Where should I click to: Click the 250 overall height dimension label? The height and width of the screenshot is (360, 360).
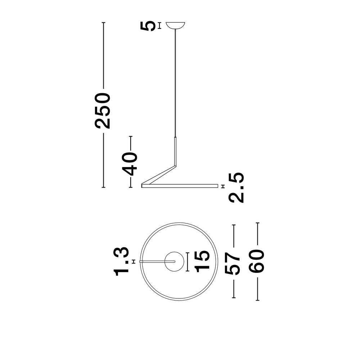pyautogui.click(x=103, y=111)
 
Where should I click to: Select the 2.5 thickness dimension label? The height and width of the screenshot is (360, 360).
pyautogui.click(x=236, y=187)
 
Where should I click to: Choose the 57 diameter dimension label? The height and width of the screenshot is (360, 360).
pyautogui.click(x=232, y=262)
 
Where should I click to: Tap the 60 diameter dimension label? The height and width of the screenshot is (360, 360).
pyautogui.click(x=257, y=262)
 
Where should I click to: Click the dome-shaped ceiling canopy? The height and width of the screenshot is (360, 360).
pyautogui.click(x=176, y=26)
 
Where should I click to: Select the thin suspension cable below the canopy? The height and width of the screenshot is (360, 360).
pyautogui.click(x=176, y=83)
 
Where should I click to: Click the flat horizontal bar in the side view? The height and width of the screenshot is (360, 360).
pyautogui.click(x=180, y=186)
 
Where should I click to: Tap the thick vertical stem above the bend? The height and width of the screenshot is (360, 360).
pyautogui.click(x=176, y=151)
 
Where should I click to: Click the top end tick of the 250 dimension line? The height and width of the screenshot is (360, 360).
pyautogui.click(x=104, y=23)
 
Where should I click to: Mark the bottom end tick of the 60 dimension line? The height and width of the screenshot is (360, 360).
pyautogui.click(x=257, y=300)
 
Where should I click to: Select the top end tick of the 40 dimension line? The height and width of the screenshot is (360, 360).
pyautogui.click(x=131, y=136)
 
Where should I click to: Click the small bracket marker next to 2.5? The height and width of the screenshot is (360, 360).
pyautogui.click(x=223, y=186)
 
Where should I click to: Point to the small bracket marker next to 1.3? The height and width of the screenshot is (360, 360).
pyautogui.click(x=134, y=261)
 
